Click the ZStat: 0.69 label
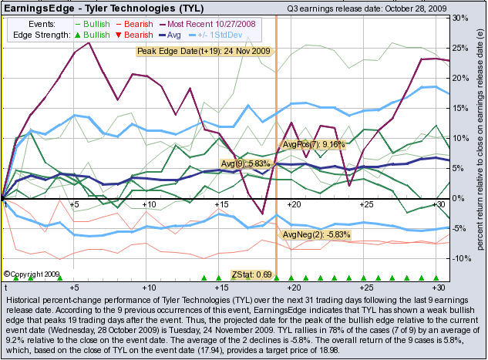point(252,274)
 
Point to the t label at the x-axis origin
point(5,204)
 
